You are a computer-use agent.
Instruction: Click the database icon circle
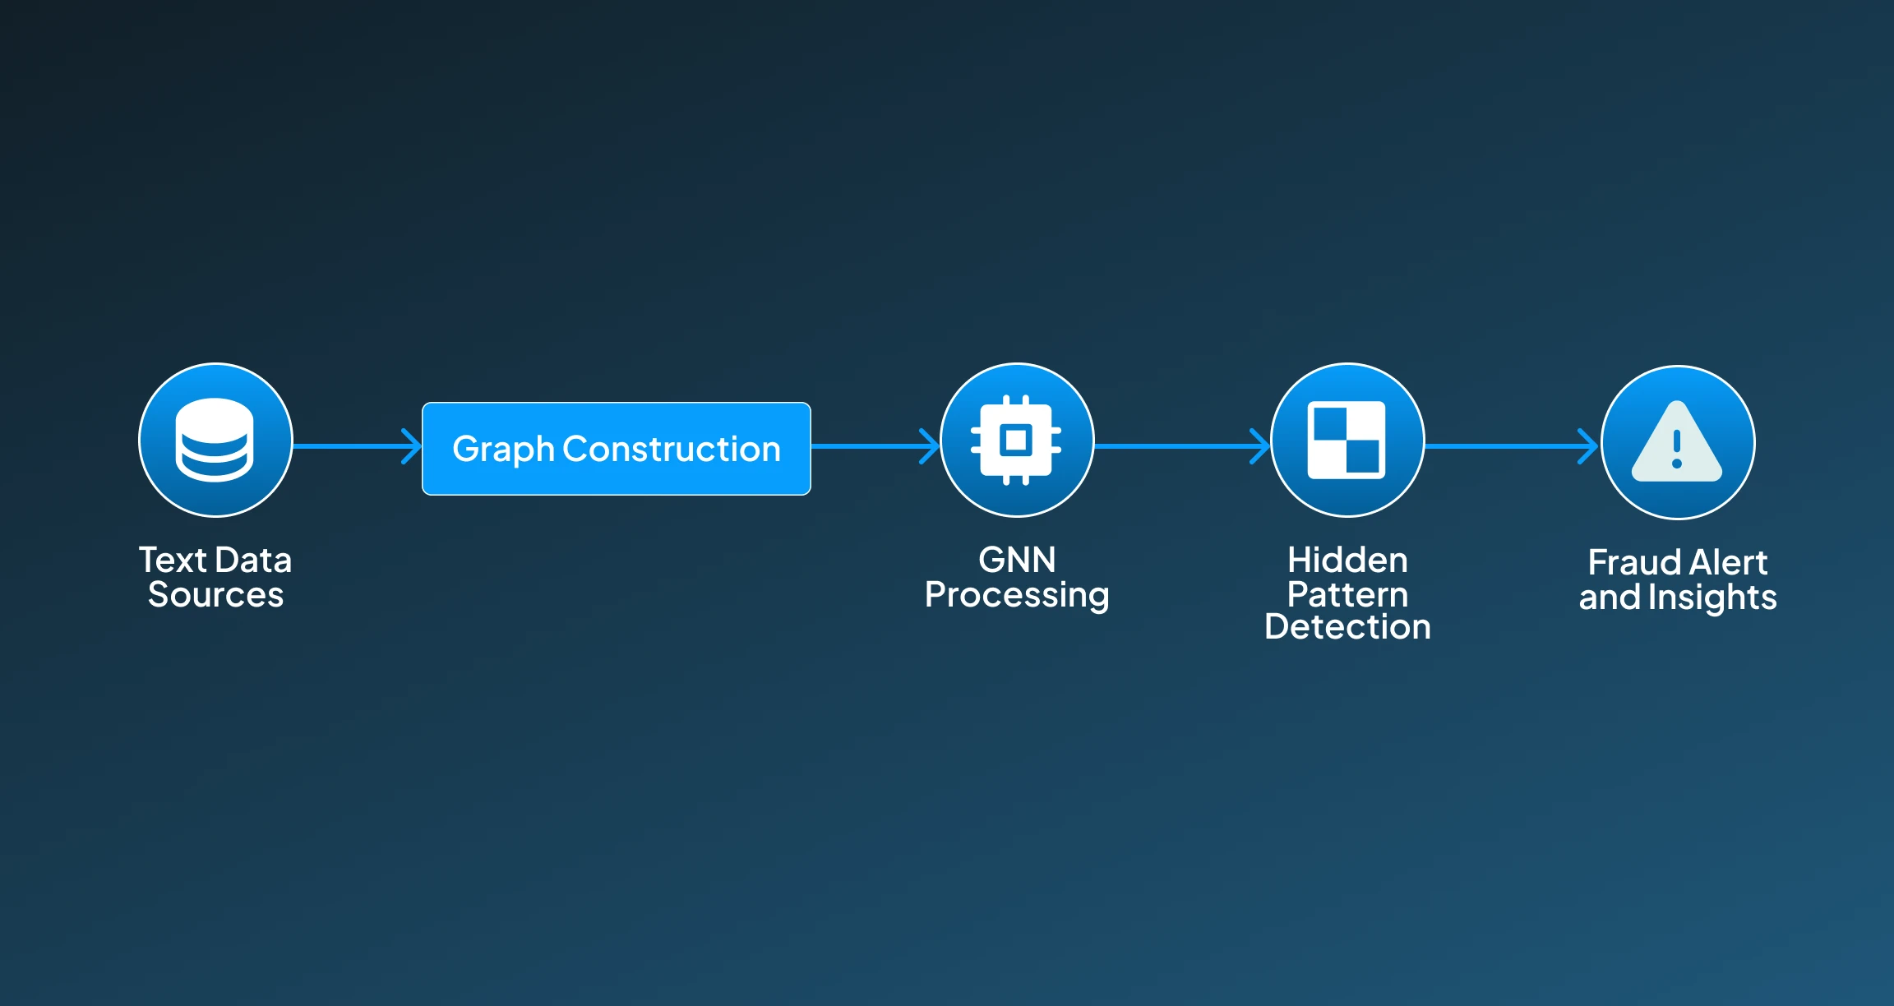(x=215, y=441)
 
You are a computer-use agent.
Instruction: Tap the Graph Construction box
(x=616, y=449)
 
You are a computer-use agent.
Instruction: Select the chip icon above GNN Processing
(x=1017, y=441)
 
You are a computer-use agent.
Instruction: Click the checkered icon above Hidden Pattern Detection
(x=1347, y=441)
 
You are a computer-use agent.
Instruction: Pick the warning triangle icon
(x=1677, y=443)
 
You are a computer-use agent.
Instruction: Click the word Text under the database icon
(x=172, y=561)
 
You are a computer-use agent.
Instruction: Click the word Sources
(x=215, y=595)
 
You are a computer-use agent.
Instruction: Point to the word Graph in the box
(x=503, y=450)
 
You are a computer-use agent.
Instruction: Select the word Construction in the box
(x=671, y=449)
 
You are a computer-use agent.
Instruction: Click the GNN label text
(x=1017, y=561)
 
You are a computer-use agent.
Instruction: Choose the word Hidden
(x=1347, y=561)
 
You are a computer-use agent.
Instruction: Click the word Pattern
(x=1347, y=594)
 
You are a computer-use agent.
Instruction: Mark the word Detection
(x=1347, y=627)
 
